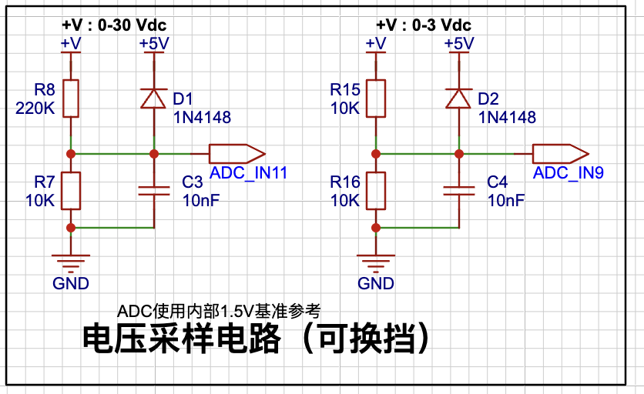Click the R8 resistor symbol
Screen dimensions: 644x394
pos(71,98)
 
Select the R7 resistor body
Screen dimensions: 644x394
pos(71,191)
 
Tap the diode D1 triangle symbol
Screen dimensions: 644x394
pos(153,98)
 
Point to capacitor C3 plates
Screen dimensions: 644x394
pos(153,191)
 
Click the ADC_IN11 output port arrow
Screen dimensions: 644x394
pos(237,154)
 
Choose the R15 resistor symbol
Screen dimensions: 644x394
pos(376,98)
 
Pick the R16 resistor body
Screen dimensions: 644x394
pos(376,191)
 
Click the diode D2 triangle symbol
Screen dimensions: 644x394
pos(459,98)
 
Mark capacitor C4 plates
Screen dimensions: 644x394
pos(459,191)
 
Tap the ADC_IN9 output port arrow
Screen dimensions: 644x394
pos(561,154)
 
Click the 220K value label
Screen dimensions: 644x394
pos(35,109)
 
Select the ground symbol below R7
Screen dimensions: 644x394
pos(71,263)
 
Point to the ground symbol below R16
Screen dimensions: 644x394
pos(376,263)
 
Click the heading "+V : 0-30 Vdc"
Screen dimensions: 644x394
pos(114,25)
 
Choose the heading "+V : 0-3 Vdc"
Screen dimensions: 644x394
pos(424,25)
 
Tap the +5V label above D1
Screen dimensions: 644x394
pos(154,44)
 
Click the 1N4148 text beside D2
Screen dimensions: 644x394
pos(507,118)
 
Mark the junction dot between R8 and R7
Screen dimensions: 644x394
pos(71,154)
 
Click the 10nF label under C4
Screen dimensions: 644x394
pos(506,201)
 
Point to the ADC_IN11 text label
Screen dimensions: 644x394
pos(249,173)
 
